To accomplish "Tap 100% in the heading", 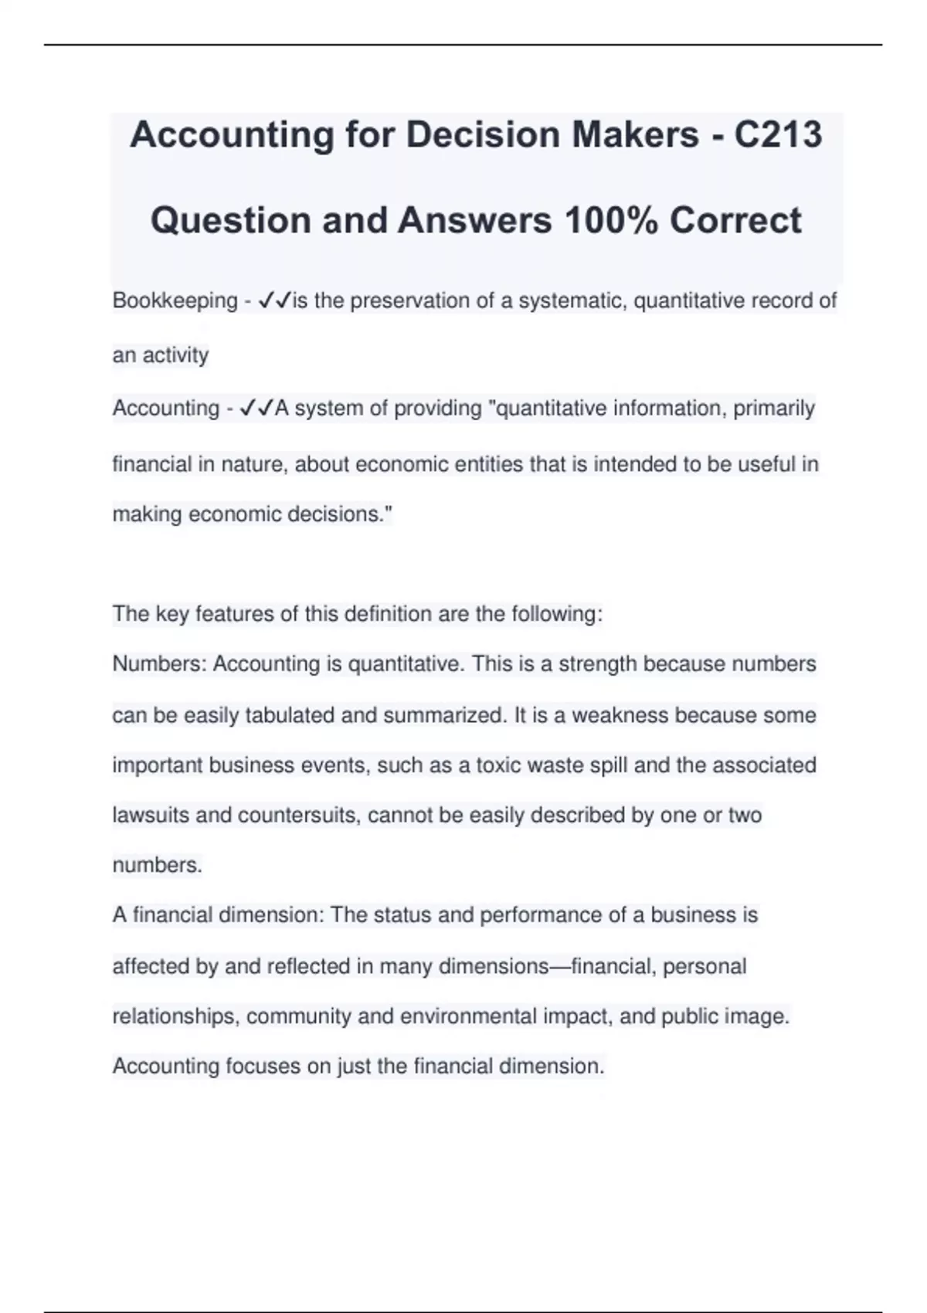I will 610,221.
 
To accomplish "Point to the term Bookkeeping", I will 175,300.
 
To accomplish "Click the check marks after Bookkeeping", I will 275,300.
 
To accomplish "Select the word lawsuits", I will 151,816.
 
